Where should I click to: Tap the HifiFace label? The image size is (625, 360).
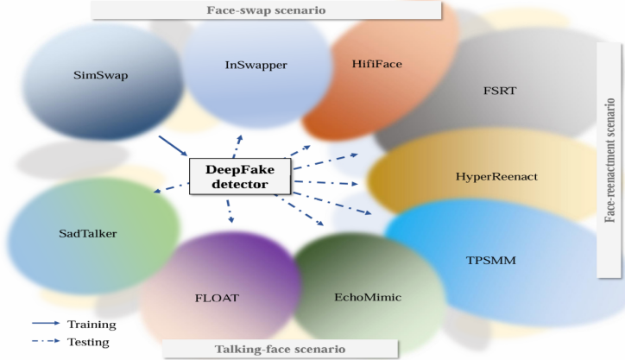[x=377, y=63]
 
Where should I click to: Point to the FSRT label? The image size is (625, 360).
[x=500, y=89]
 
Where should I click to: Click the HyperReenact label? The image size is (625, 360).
[x=496, y=176]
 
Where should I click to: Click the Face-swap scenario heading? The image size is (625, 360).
[x=267, y=10]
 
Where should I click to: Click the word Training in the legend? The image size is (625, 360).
[x=92, y=325]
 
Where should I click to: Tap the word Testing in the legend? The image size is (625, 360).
[x=88, y=342]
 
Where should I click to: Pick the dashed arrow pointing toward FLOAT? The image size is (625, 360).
[x=230, y=209]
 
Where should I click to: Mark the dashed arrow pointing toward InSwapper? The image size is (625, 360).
[x=237, y=144]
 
